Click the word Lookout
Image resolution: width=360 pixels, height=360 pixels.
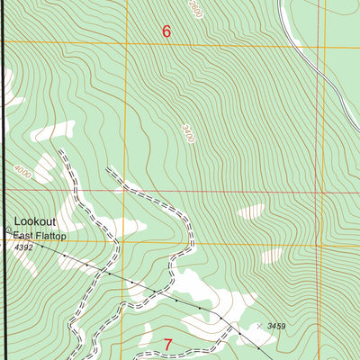34,221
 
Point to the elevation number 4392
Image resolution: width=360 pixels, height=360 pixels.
22,247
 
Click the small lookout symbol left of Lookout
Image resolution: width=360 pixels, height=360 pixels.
8,229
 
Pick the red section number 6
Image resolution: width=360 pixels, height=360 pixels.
166,31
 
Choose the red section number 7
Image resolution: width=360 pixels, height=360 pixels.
167,345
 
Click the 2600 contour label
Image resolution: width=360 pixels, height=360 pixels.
196,11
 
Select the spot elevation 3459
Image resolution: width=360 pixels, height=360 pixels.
274,325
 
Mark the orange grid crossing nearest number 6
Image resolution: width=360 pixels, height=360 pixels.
127,45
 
